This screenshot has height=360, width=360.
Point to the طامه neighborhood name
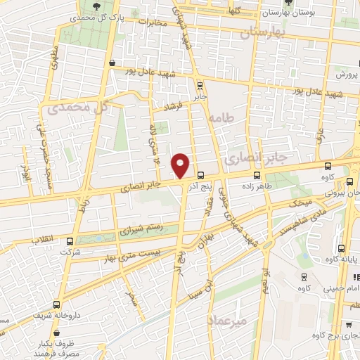(240, 120)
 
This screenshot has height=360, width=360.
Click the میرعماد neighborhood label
(228, 320)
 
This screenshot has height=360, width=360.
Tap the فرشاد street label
(172, 107)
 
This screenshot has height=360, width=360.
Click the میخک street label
(302, 202)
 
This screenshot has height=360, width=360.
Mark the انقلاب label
(44, 240)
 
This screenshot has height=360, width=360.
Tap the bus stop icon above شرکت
(67, 240)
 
